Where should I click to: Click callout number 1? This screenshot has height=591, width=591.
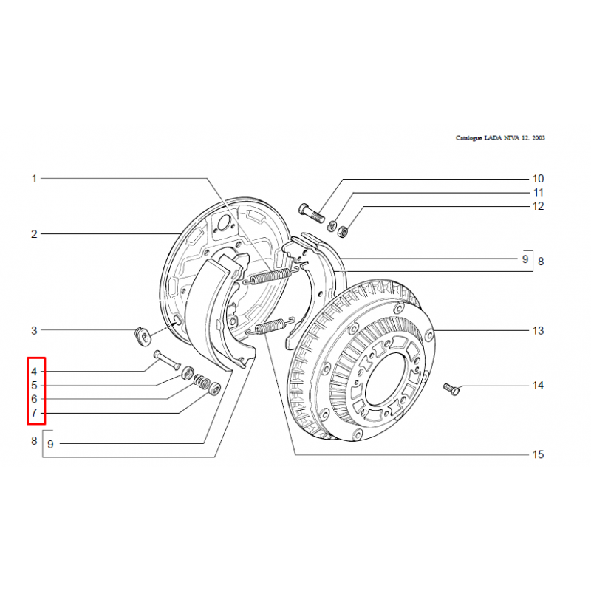tap(34, 179)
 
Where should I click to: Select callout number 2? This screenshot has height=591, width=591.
tap(34, 234)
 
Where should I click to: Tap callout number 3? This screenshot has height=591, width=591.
tap(34, 330)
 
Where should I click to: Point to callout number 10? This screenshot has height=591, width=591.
tap(538, 179)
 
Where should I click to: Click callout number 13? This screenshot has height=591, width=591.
tap(538, 330)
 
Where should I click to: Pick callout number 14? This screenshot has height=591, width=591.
tap(538, 385)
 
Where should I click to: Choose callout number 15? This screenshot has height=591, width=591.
tap(538, 454)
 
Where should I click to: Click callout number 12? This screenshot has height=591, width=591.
tap(538, 206)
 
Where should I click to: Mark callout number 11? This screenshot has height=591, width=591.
tap(539, 193)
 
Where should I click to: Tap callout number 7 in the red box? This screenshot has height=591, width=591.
tap(34, 413)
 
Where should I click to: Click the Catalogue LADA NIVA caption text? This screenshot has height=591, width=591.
tap(500, 138)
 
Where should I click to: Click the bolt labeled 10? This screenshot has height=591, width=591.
tap(311, 213)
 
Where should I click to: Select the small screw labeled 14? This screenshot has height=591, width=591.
tap(451, 389)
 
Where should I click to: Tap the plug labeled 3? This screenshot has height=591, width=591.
tap(143, 337)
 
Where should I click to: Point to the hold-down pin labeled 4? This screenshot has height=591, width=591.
tap(167, 360)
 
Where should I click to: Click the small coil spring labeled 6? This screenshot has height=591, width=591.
tap(202, 381)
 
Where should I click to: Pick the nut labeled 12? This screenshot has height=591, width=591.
tap(343, 231)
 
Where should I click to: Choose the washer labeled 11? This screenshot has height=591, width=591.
tap(332, 226)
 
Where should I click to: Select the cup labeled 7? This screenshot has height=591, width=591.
tap(215, 389)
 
